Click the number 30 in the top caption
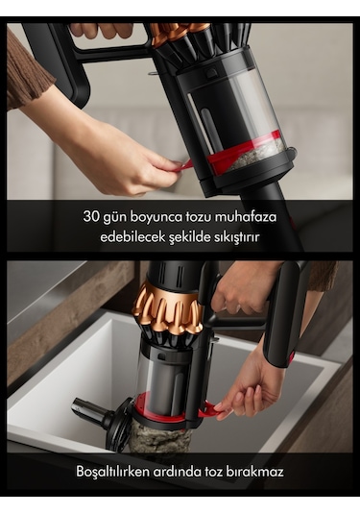(x=92, y=216)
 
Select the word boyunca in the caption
(x=158, y=216)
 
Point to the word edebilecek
(x=132, y=235)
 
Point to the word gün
(x=118, y=216)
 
